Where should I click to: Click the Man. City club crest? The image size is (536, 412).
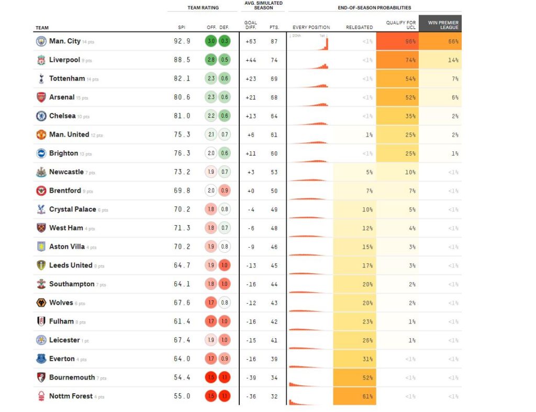(41, 41)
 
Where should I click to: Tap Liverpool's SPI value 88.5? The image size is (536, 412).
(182, 60)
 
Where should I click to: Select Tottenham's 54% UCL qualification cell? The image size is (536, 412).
(397, 79)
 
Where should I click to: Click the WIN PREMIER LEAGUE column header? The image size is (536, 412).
(440, 25)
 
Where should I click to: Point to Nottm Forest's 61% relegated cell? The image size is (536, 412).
(354, 396)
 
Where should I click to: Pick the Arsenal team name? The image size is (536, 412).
(62, 97)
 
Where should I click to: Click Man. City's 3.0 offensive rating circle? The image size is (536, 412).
(211, 41)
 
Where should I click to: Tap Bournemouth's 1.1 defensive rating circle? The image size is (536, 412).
(225, 377)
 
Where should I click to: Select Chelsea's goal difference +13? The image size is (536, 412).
(251, 116)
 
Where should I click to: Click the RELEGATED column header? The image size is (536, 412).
(360, 27)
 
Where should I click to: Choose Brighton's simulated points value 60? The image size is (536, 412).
(274, 153)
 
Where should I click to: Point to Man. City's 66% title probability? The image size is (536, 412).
(440, 41)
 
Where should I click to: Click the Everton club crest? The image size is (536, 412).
(41, 359)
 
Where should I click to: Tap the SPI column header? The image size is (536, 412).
(181, 27)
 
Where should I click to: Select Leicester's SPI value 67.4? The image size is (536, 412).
(182, 340)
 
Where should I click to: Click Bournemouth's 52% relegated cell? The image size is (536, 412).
(354, 377)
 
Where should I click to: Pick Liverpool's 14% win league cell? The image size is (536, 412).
(440, 60)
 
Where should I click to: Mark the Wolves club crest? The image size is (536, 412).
(41, 303)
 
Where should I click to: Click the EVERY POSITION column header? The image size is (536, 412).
(311, 27)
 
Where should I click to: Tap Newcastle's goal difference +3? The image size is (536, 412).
(251, 172)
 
